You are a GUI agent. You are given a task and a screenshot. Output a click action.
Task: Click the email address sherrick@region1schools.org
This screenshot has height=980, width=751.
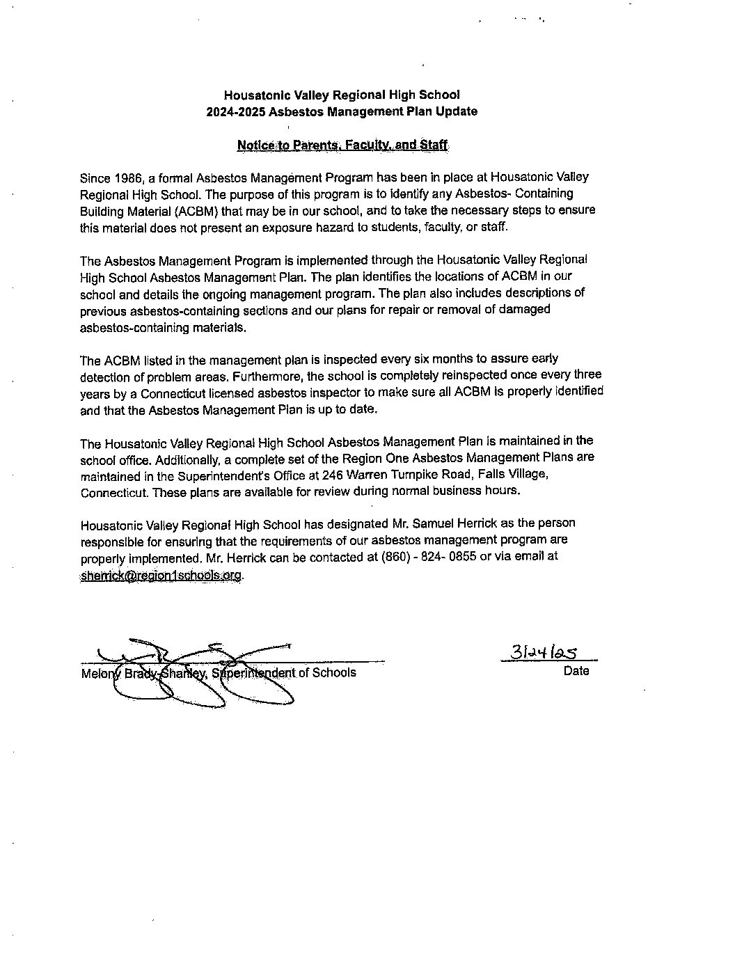point(161,575)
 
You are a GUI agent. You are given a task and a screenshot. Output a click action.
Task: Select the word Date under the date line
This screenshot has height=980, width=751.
point(576,671)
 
